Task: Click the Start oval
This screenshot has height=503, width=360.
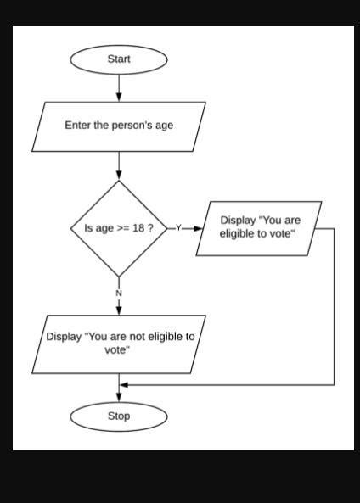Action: [x=119, y=59]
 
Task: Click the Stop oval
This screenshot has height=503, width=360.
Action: [x=119, y=416]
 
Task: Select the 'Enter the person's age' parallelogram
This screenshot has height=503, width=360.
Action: [x=119, y=126]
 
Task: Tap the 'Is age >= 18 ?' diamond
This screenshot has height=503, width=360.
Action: [x=119, y=228]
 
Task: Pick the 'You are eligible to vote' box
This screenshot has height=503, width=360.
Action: [x=260, y=227]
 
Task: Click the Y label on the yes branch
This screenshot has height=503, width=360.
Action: [x=178, y=228]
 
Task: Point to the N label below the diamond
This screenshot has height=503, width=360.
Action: [x=119, y=293]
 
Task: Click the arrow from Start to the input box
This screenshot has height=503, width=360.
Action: [x=119, y=87]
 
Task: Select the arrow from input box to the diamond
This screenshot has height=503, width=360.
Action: [x=119, y=165]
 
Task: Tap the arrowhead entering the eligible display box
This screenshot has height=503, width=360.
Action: [x=199, y=228]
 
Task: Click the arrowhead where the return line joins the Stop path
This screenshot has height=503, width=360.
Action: [x=124, y=384]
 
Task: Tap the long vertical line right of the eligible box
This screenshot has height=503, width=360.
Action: [x=334, y=305]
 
